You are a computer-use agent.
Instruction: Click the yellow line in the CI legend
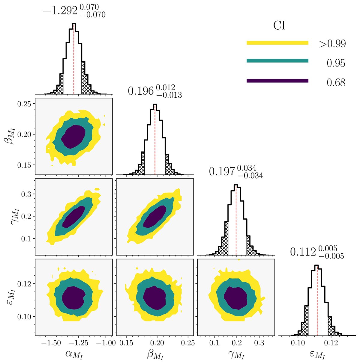[277, 43]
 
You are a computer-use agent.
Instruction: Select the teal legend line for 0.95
[277, 61]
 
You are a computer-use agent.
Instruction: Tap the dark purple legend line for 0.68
[277, 81]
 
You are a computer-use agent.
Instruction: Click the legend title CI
[279, 25]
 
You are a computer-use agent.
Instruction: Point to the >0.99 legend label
[332, 44]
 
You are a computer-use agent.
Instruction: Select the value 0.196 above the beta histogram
[141, 91]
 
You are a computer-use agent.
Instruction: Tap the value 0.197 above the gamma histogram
[222, 171]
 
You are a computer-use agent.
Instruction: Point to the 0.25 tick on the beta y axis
[25, 104]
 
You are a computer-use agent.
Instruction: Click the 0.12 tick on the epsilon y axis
[25, 283]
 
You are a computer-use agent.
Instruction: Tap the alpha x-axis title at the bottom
[73, 355]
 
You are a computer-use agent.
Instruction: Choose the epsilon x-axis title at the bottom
[317, 355]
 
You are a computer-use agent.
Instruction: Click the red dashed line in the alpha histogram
[74, 60]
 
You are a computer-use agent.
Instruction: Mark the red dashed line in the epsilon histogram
[317, 300]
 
